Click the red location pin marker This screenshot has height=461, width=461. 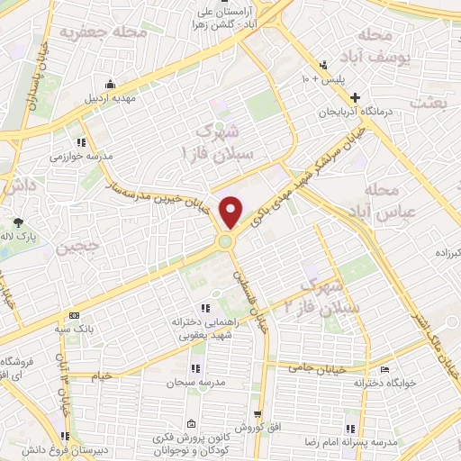click(x=232, y=212)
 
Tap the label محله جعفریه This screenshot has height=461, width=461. click(x=104, y=33)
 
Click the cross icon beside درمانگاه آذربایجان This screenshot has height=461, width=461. click(x=357, y=97)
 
